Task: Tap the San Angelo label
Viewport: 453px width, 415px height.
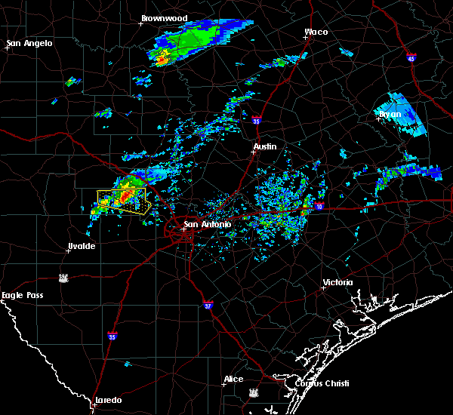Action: pos(30,43)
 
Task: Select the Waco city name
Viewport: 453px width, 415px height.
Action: pos(316,32)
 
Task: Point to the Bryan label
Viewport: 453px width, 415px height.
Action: pos(390,115)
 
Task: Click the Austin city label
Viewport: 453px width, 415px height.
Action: pos(265,146)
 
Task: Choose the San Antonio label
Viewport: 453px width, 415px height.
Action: pos(207,224)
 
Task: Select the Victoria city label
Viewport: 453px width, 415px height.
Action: pos(337,282)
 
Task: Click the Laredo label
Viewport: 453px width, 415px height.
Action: pos(109,400)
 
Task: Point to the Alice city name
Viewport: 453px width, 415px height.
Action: pos(233,379)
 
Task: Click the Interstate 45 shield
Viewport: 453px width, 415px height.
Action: pos(411,58)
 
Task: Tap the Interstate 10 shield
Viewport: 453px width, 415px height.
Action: pos(320,206)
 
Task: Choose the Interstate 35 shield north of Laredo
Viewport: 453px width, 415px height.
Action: pos(112,336)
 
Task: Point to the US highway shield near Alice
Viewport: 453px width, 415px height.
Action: pos(253,393)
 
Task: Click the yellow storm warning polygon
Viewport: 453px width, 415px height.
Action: pos(122,201)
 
